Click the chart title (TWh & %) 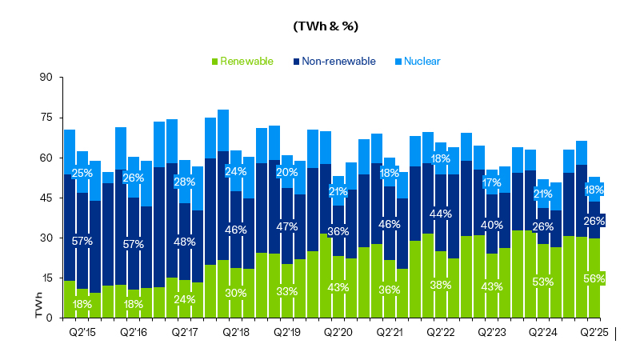point(326,26)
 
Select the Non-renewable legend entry point(334,61)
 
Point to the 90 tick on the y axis point(46,78)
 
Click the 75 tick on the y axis point(46,118)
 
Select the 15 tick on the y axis point(46,278)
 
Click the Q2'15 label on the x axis point(82,331)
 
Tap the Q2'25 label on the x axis point(594,331)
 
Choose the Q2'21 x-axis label point(390,331)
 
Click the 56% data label point(594,278)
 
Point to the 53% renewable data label point(543,281)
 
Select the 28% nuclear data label point(185,182)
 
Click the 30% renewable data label point(236,293)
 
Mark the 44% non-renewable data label point(441,214)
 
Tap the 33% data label point(287,291)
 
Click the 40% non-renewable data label point(492,225)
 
